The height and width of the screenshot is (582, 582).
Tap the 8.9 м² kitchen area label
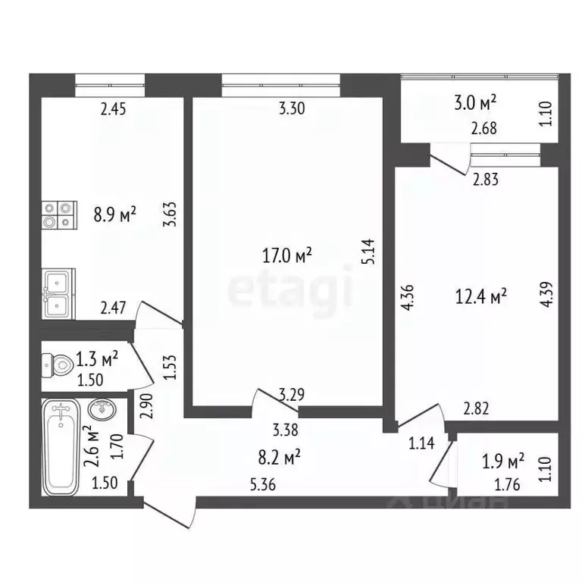click(x=114, y=214)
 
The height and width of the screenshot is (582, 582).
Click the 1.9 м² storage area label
click(x=503, y=460)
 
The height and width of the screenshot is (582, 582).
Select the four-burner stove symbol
click(x=60, y=214)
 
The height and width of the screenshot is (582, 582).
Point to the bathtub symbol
click(x=62, y=447)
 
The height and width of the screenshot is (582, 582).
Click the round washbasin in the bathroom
click(x=102, y=410)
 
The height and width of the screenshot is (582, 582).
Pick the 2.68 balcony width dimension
click(x=483, y=129)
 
